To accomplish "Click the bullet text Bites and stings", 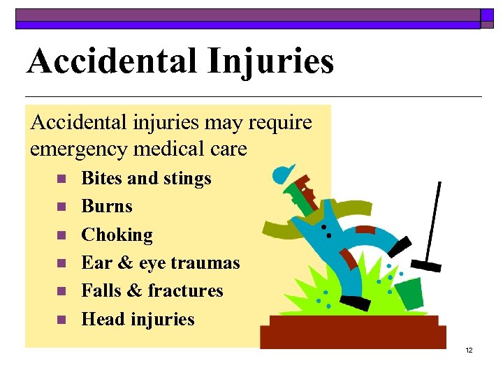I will (146, 179).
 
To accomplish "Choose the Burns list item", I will (107, 207).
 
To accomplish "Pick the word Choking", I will (117, 235).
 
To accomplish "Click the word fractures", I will (189, 290).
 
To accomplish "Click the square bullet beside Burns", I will (61, 207).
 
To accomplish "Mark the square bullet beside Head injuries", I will (61, 320).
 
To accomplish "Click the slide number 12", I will (469, 350).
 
